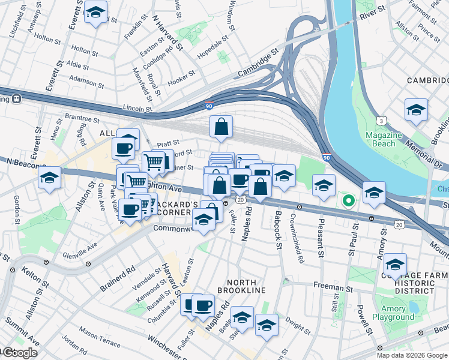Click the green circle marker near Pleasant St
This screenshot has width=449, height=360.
(348, 200)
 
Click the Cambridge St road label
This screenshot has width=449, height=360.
(259, 64)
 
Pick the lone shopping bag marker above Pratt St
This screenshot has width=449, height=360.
(221, 127)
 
